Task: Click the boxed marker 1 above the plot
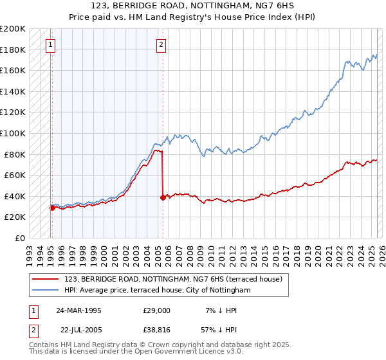[x=50, y=45]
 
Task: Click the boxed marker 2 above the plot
[x=161, y=45]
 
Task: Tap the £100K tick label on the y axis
[x=13, y=133]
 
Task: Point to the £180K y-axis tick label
[x=13, y=50]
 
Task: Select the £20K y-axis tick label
[x=15, y=217]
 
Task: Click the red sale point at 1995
[x=51, y=208]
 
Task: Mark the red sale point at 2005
[x=163, y=197]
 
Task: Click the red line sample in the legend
[x=46, y=278]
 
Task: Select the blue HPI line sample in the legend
[x=46, y=290]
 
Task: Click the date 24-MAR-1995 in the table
[x=78, y=310]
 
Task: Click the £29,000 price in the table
[x=157, y=310]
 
